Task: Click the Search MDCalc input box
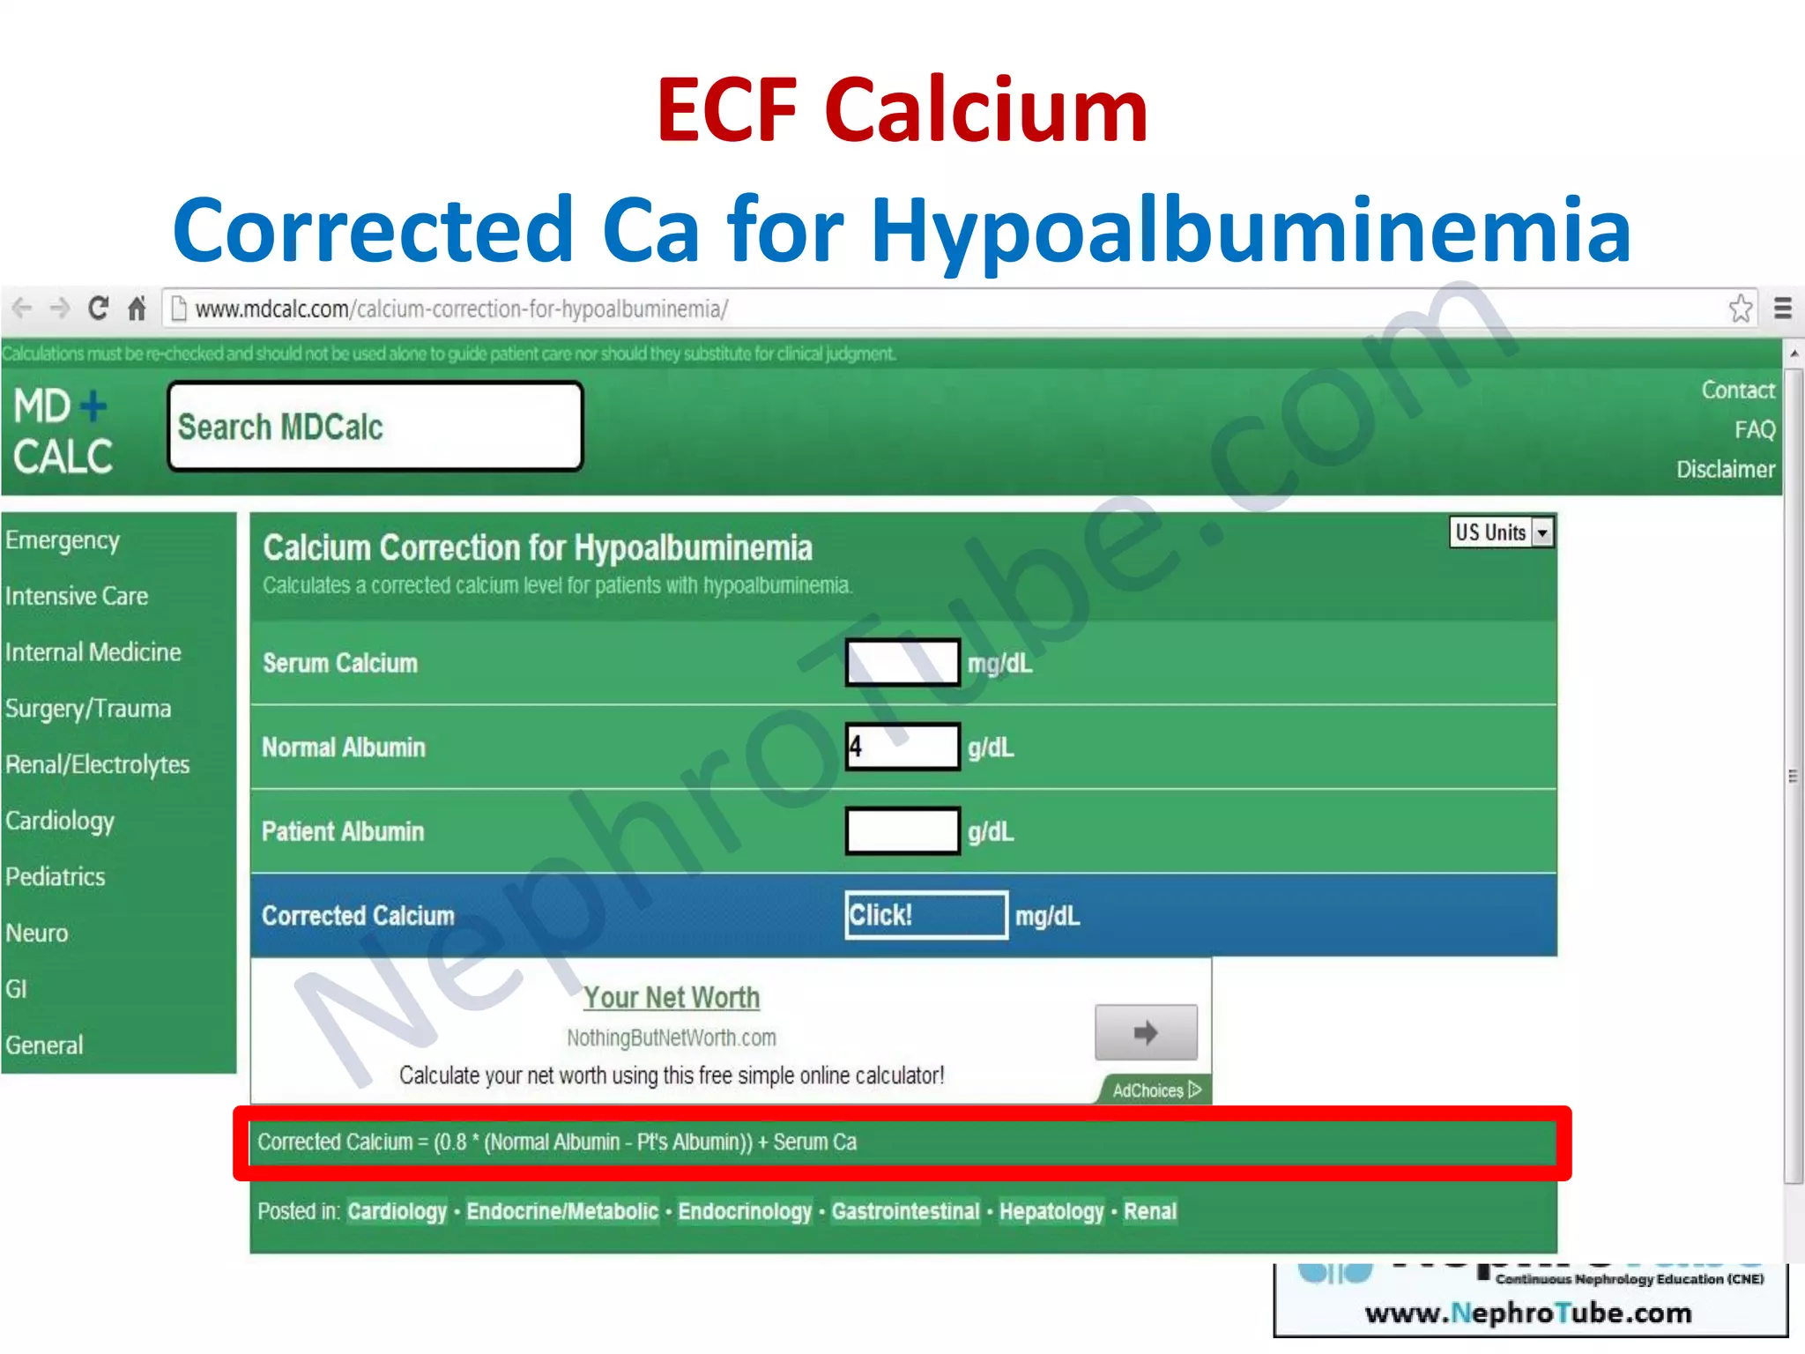(x=375, y=427)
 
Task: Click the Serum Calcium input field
(x=902, y=663)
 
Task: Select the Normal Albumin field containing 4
(x=902, y=747)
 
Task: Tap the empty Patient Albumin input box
(x=902, y=830)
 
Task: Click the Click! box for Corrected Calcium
(x=925, y=915)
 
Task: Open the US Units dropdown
(x=1501, y=532)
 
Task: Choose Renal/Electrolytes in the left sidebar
(x=98, y=764)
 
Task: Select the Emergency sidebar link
(x=63, y=540)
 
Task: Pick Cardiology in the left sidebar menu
(x=60, y=821)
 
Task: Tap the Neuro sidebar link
(x=37, y=933)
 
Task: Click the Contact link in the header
(x=1737, y=390)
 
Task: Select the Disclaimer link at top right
(x=1725, y=469)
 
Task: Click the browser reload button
(x=98, y=309)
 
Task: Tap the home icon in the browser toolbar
(x=137, y=309)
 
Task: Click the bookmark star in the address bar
(x=1740, y=309)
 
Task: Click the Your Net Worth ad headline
(x=671, y=997)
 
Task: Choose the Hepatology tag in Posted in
(x=1051, y=1211)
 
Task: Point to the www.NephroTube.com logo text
(x=1528, y=1313)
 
